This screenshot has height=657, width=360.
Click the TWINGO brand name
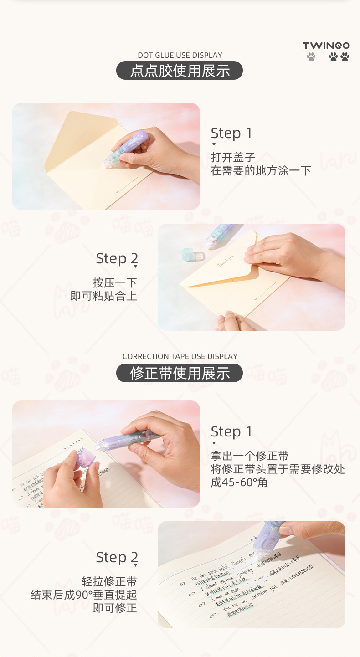coord(326,46)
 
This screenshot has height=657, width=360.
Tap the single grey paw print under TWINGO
coord(311,57)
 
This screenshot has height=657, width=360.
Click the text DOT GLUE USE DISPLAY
coord(180,55)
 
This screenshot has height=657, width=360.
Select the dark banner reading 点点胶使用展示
coord(180,71)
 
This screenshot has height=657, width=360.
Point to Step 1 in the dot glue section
coord(231,133)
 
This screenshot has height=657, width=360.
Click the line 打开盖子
coord(232,158)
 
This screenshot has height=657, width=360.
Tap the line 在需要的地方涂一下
coord(261,171)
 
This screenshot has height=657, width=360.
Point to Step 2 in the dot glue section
coord(117,258)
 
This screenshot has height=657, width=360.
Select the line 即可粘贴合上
coord(103,296)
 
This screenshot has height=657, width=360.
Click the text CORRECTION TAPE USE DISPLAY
coord(180,356)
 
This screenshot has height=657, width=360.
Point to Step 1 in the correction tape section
coord(231,431)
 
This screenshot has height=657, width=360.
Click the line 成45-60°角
coord(239,482)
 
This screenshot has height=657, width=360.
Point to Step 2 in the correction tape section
coord(117,557)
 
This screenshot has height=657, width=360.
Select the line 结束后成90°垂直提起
coord(83,595)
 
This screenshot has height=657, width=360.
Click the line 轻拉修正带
coord(109,581)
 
